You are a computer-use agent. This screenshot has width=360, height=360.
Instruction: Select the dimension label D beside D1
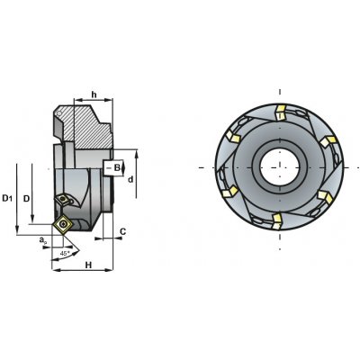tap(26, 199)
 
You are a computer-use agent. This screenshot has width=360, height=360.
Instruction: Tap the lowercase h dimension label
tap(94, 94)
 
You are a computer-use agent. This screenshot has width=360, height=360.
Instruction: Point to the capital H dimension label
tap(88, 265)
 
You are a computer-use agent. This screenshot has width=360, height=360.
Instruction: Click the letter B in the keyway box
tap(117, 167)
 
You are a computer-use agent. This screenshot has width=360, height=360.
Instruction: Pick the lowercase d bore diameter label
tap(130, 179)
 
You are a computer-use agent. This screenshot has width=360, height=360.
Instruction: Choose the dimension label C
tap(122, 231)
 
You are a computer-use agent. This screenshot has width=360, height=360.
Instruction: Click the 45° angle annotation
tap(65, 254)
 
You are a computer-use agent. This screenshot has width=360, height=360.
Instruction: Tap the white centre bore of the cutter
tap(280, 167)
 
